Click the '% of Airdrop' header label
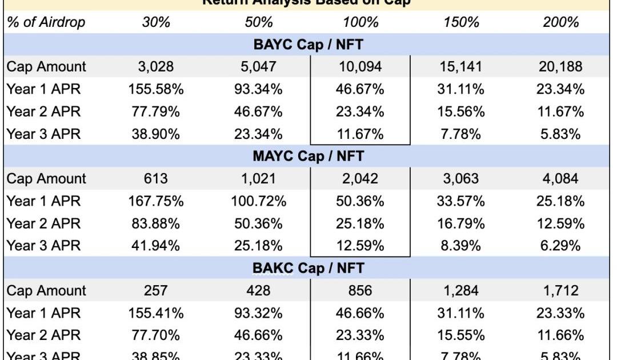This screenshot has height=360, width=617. click(46, 22)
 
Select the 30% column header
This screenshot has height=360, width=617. click(155, 22)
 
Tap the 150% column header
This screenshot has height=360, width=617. click(462, 22)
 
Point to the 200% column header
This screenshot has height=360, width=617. click(560, 22)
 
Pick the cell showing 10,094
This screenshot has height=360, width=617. click(360, 66)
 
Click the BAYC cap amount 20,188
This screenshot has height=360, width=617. click(560, 66)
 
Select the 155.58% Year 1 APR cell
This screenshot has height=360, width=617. click(155, 89)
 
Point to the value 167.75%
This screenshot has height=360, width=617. click(155, 201)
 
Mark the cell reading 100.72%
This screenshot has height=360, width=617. click(258, 201)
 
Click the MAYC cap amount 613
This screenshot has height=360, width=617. click(155, 178)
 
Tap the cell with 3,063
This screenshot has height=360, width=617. click(462, 178)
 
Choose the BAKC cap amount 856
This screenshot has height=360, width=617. click(360, 290)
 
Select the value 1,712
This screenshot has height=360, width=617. click(560, 290)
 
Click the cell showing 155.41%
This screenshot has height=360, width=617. click(155, 313)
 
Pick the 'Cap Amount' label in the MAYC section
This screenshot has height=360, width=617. click(46, 178)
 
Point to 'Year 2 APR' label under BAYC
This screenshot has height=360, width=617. click(44, 111)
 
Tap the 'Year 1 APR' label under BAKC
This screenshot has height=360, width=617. click(44, 313)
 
